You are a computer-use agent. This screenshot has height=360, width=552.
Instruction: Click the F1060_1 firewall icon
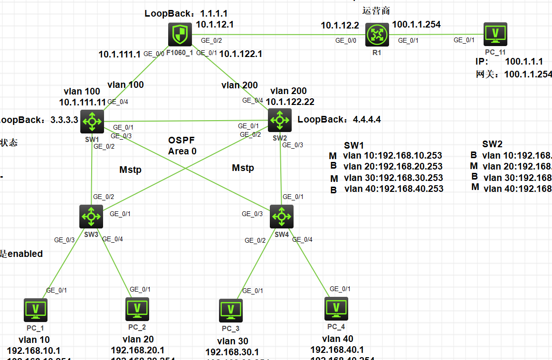179,35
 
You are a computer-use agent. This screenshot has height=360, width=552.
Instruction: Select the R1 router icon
377,35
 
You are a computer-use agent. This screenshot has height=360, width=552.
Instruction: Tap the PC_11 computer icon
495,33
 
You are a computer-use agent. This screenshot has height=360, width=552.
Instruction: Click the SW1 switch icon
91,122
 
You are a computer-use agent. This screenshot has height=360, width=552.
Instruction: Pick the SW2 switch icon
280,120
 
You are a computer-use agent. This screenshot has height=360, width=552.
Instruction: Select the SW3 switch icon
91,216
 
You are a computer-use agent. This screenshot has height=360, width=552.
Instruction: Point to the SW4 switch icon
282,217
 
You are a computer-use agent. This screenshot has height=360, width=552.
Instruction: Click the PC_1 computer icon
36,310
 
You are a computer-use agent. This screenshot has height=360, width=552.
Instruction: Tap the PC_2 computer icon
137,309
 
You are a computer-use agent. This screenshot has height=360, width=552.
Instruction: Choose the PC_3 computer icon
231,311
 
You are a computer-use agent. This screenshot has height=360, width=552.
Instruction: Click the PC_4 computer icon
336,309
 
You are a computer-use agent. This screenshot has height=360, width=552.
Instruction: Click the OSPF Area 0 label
181,146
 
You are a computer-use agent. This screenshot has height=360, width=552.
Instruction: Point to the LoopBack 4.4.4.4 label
339,120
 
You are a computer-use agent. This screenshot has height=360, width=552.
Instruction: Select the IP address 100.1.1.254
417,25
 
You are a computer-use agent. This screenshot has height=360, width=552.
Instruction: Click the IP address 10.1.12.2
339,25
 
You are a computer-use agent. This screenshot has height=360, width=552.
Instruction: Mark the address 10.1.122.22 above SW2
290,102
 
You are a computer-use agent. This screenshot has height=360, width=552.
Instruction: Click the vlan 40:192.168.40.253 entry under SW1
394,189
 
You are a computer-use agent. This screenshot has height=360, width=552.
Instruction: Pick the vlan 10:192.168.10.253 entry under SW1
392,155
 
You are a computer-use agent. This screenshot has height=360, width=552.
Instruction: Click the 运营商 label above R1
376,10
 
